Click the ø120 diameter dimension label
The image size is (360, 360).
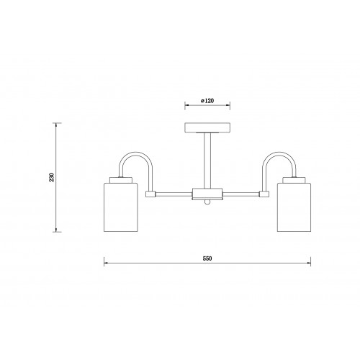pyautogui.click(x=207, y=101)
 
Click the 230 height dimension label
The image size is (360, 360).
pyautogui.click(x=52, y=177)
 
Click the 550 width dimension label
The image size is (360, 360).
pyautogui.click(x=207, y=258)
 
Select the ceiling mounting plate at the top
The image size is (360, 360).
pyautogui.click(x=207, y=127)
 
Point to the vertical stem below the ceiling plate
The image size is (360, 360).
pyautogui.click(x=207, y=161)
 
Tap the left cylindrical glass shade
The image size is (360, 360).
pyautogui.click(x=121, y=207)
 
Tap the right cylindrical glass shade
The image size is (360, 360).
pyautogui.click(x=294, y=207)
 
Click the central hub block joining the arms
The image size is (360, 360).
pyautogui.click(x=207, y=194)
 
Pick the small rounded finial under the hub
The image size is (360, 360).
pyautogui.click(x=207, y=202)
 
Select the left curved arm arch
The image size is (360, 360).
pyautogui.click(x=136, y=153)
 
